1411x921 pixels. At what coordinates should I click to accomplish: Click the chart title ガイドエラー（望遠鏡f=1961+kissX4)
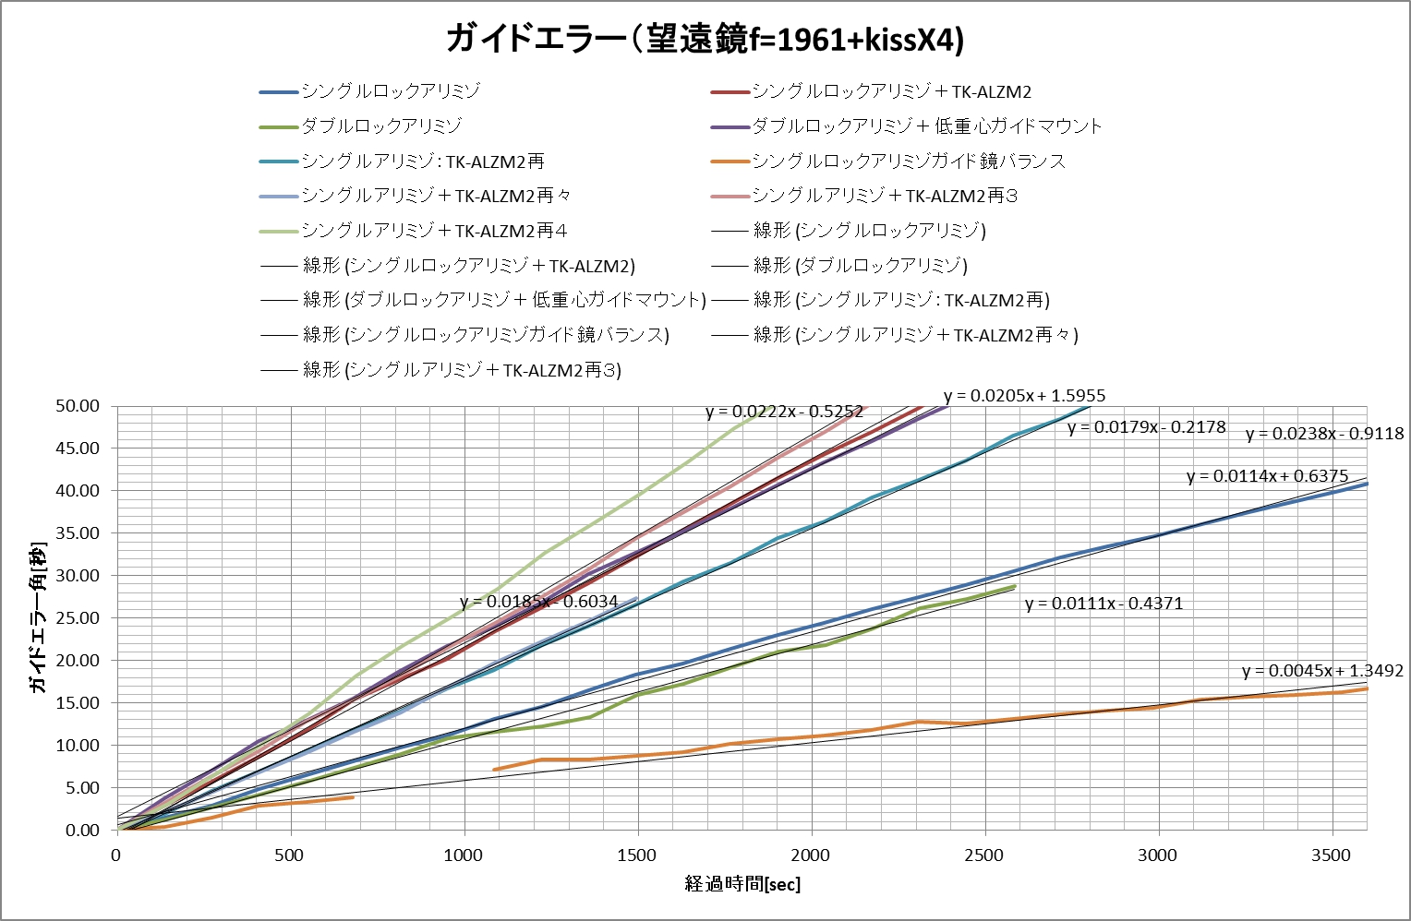point(705,39)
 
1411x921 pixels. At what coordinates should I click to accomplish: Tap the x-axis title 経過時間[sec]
point(742,884)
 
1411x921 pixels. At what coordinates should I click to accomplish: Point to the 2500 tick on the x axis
point(983,855)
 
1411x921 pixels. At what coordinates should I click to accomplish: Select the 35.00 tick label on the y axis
point(78,533)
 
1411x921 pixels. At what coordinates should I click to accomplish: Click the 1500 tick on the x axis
point(636,855)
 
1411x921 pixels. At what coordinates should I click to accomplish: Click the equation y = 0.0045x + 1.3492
point(1321,671)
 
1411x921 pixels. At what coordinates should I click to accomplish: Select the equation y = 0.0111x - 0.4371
point(1103,604)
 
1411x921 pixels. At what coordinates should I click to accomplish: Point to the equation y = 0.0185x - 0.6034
point(539,602)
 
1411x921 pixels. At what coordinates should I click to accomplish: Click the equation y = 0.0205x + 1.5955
point(1024,396)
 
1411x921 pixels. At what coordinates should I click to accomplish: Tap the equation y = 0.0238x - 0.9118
point(1324,434)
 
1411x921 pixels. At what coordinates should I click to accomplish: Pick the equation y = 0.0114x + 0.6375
point(1267,476)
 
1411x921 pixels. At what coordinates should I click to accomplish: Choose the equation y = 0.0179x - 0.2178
point(1146,427)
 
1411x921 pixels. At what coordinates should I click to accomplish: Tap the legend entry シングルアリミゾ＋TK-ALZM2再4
point(434,231)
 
